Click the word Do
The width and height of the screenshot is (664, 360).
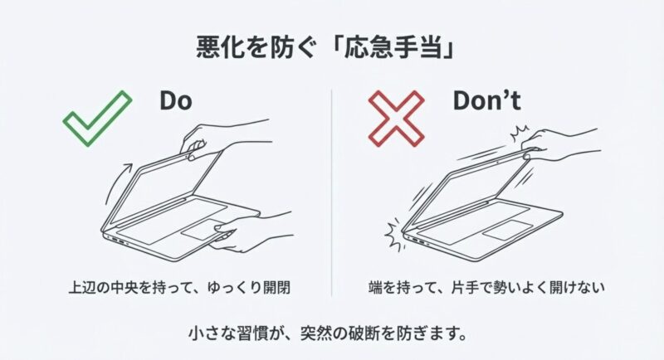click(176, 100)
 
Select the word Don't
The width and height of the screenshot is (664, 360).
click(487, 100)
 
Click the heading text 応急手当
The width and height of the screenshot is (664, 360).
click(390, 48)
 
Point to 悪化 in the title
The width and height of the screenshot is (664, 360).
click(220, 48)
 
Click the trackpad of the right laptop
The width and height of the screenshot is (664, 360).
click(505, 231)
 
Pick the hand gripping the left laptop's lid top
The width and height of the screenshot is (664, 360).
click(220, 139)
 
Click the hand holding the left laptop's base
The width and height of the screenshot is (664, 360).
click(250, 232)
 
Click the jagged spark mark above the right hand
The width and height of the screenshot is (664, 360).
click(520, 134)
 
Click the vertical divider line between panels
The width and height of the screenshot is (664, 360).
click(331, 192)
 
